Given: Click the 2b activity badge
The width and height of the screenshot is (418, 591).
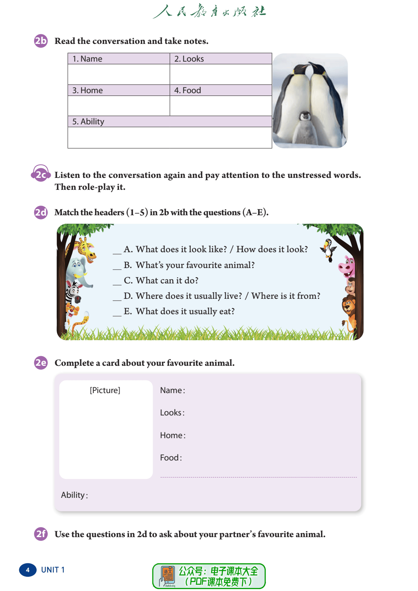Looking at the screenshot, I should [x=41, y=41].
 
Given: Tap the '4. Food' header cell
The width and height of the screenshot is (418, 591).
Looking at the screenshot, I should [x=188, y=90].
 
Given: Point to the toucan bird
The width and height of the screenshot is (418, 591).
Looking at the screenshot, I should [x=329, y=249].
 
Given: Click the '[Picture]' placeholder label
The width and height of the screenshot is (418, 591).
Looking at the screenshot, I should [x=105, y=390].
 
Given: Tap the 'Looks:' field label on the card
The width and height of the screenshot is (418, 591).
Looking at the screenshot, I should [x=172, y=413].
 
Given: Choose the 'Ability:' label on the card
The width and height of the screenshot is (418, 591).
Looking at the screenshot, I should [x=74, y=495].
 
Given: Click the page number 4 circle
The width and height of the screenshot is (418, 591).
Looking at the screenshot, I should [x=28, y=570].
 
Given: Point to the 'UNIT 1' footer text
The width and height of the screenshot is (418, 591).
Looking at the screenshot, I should [x=53, y=570].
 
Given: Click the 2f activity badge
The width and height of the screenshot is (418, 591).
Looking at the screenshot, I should [x=41, y=534].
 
